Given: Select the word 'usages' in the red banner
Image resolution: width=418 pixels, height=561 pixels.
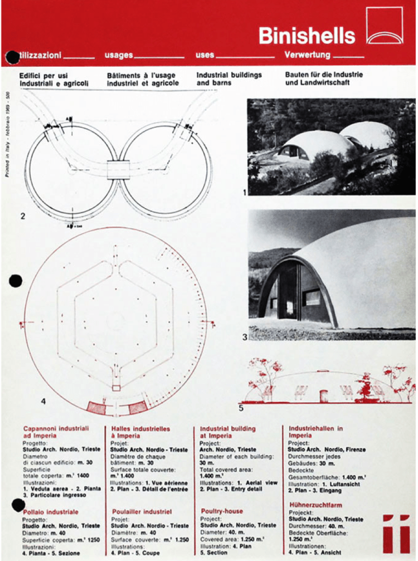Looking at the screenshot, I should (119, 55).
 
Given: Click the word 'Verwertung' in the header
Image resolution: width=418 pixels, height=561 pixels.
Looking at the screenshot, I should (307, 55).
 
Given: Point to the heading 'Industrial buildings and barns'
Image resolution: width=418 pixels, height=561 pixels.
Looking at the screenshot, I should (229, 78).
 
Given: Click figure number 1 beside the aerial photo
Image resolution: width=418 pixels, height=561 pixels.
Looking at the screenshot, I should (244, 192).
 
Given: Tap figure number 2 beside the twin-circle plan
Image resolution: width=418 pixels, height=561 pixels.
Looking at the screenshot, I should (22, 216).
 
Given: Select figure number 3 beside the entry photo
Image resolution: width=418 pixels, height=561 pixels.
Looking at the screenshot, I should (245, 337).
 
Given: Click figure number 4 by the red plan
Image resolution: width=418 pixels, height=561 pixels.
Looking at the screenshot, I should (43, 401).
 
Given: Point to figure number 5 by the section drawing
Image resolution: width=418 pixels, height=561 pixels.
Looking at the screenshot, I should (241, 408).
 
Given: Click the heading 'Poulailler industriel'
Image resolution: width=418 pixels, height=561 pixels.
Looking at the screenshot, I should (142, 512).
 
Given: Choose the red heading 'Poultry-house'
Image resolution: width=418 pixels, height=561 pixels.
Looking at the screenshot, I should (221, 511).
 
